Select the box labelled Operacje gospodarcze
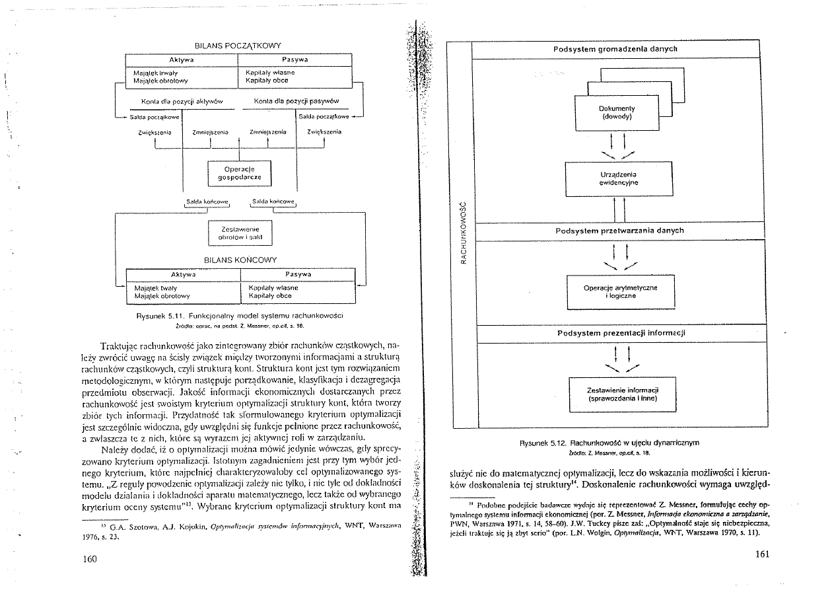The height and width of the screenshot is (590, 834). click(240, 173)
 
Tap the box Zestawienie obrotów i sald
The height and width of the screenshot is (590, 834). click(240, 232)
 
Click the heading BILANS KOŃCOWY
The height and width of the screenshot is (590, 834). click(240, 260)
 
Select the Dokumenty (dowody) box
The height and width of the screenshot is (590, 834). click(617, 112)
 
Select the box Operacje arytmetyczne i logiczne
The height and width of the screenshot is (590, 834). click(619, 291)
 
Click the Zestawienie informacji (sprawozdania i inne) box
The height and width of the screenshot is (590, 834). click(619, 394)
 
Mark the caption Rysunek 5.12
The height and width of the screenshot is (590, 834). click(617, 442)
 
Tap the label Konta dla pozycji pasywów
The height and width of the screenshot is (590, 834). click(296, 101)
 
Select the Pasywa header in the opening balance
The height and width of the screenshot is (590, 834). click(295, 59)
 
